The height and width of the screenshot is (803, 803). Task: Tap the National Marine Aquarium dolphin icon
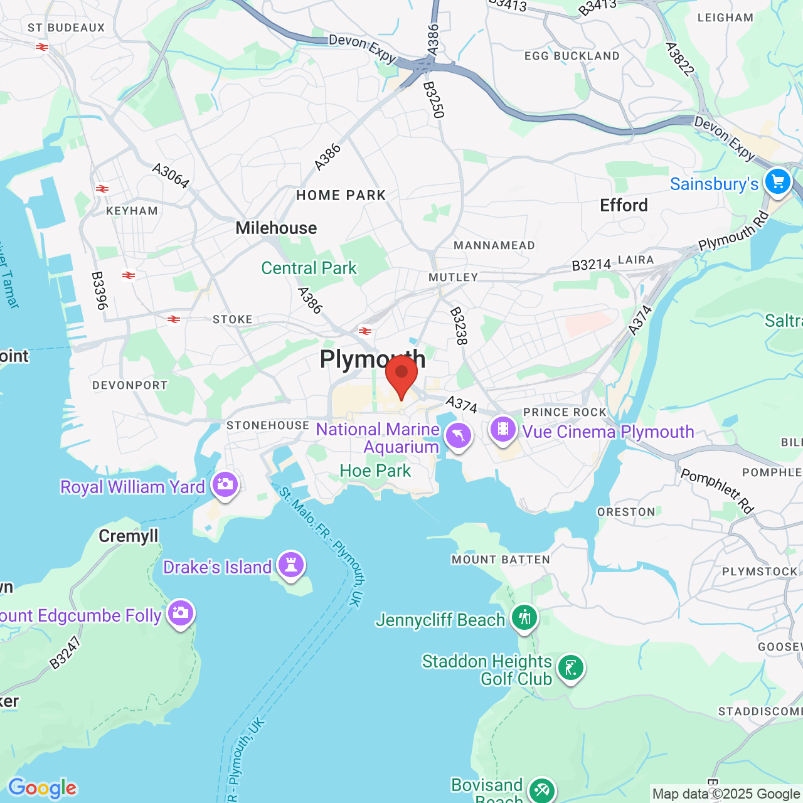459,435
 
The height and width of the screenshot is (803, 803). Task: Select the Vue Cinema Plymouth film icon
503,430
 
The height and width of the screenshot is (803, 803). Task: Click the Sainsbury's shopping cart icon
778,182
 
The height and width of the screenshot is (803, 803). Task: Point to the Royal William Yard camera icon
225,484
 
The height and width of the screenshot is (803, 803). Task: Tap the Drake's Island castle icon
290,564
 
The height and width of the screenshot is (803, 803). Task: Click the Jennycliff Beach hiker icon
524,617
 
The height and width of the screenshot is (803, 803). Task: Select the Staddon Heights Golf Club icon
570,667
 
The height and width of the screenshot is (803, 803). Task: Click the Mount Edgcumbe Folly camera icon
181,613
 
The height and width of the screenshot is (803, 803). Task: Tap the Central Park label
309,268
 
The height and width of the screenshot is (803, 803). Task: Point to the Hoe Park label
375,471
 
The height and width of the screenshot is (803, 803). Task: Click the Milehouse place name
276,228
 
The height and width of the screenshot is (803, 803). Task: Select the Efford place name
624,205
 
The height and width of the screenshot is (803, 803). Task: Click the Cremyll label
129,536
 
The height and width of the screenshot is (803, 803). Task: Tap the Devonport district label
130,385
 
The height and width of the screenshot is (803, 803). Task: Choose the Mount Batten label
501,560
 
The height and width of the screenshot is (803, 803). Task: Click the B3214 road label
591,265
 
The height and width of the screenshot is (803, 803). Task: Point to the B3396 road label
99,290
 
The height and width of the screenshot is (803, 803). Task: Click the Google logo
42,788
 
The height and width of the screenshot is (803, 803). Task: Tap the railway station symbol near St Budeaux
42,47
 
